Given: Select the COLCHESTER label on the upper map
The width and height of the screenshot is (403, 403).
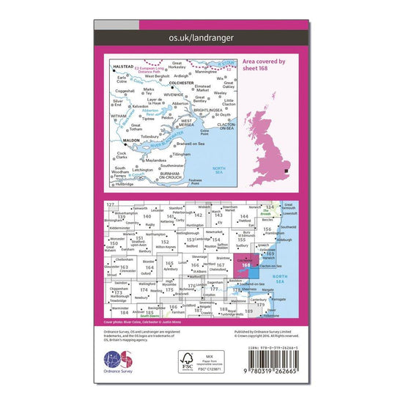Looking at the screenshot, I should (186, 82).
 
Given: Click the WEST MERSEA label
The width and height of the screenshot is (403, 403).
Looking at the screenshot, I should (180, 125).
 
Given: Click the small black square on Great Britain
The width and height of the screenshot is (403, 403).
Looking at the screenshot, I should (286, 171).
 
